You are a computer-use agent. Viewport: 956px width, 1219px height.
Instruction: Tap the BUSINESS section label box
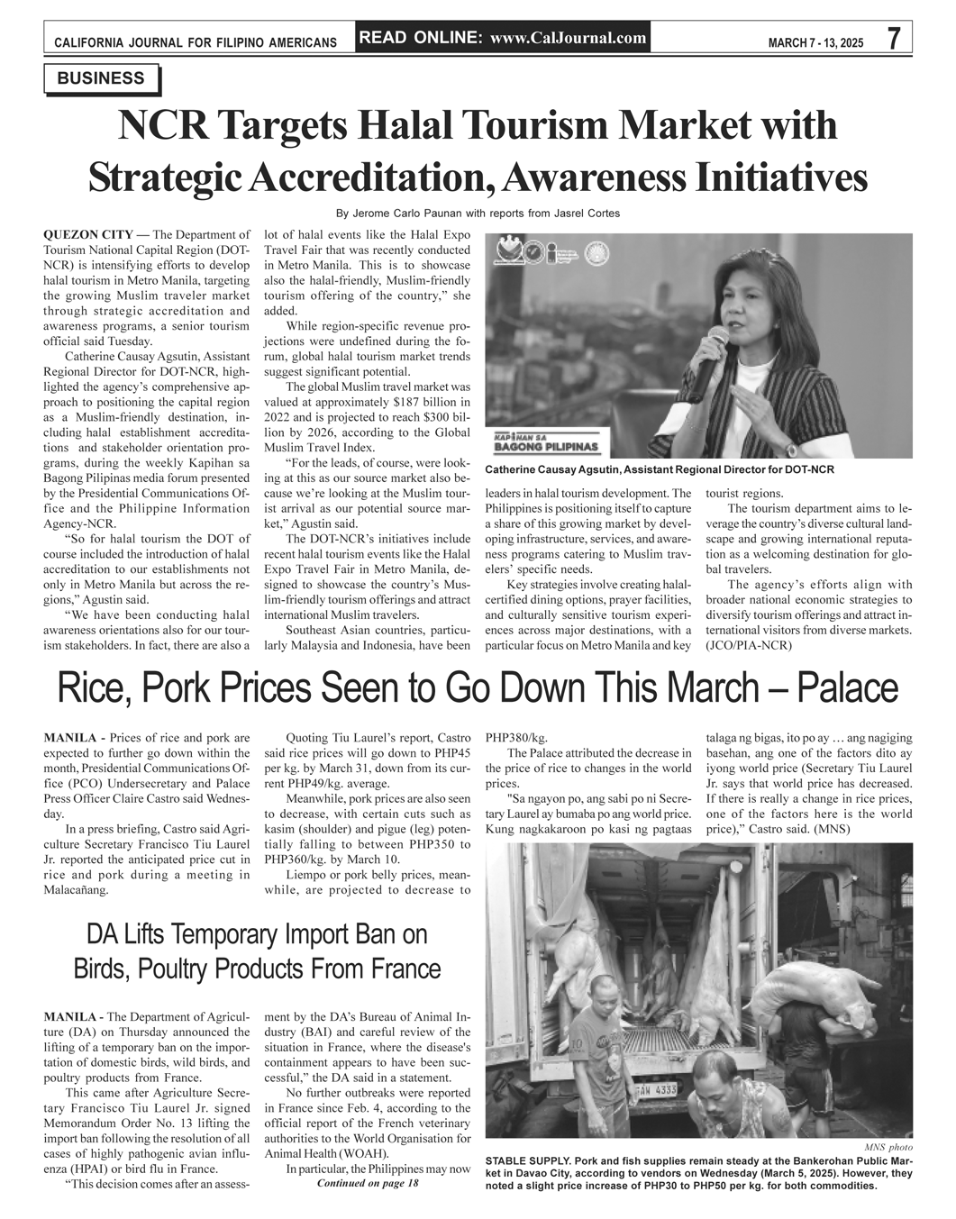(x=101, y=79)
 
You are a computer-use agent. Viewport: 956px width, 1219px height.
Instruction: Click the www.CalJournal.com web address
(x=569, y=38)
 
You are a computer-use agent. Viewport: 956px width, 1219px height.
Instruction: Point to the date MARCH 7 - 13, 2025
(x=815, y=42)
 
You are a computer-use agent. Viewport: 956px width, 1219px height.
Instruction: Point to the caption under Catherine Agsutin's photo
(x=659, y=470)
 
